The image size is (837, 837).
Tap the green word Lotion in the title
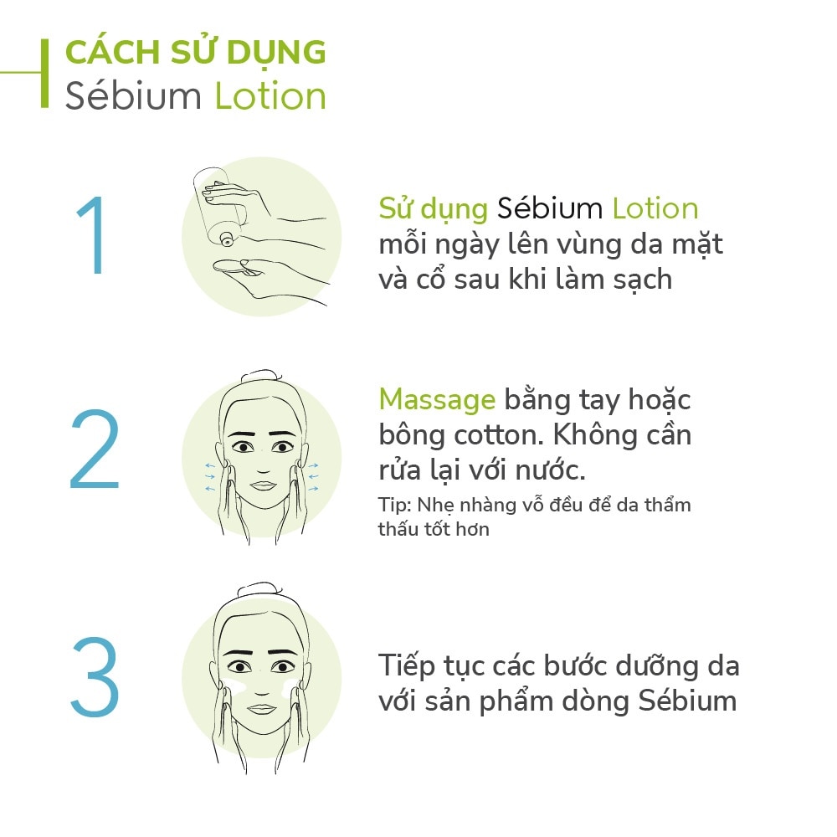[270, 96]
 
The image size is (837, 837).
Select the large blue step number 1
[93, 235]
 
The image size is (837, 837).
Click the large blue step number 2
[95, 449]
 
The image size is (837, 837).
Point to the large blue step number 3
[95, 677]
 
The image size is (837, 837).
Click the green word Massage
[437, 400]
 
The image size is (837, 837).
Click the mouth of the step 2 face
[263, 485]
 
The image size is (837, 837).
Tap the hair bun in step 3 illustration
[259, 589]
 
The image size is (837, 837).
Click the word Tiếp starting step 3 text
[407, 667]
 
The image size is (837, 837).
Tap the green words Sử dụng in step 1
[434, 208]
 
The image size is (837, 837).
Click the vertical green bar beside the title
[45, 73]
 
